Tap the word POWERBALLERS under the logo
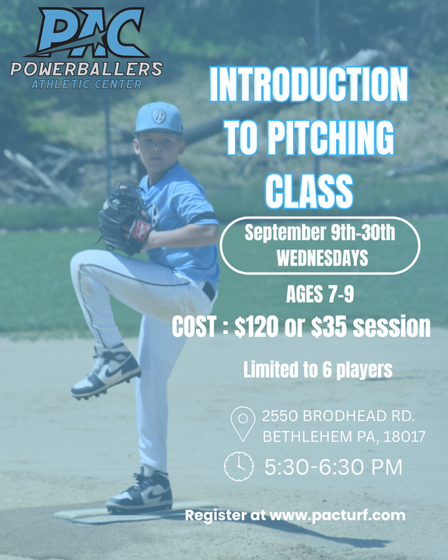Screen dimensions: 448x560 (86, 69)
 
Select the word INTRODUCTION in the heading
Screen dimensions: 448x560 (309, 85)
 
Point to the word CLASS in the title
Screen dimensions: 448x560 (310, 190)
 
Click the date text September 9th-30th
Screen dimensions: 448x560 (320, 232)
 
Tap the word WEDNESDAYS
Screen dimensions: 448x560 (323, 258)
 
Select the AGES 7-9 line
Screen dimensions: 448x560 (320, 294)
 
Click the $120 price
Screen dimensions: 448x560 (256, 326)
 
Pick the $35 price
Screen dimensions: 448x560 (328, 326)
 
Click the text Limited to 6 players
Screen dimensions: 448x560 (318, 370)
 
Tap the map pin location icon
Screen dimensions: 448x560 (243, 423)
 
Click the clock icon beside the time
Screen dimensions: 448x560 (239, 467)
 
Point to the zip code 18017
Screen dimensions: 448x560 (404, 437)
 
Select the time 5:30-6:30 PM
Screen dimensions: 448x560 (333, 467)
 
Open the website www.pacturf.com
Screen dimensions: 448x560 (338, 516)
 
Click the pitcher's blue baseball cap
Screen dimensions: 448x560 (159, 119)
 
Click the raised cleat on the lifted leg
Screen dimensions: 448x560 (106, 372)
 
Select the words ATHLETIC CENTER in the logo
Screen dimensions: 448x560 (87, 85)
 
